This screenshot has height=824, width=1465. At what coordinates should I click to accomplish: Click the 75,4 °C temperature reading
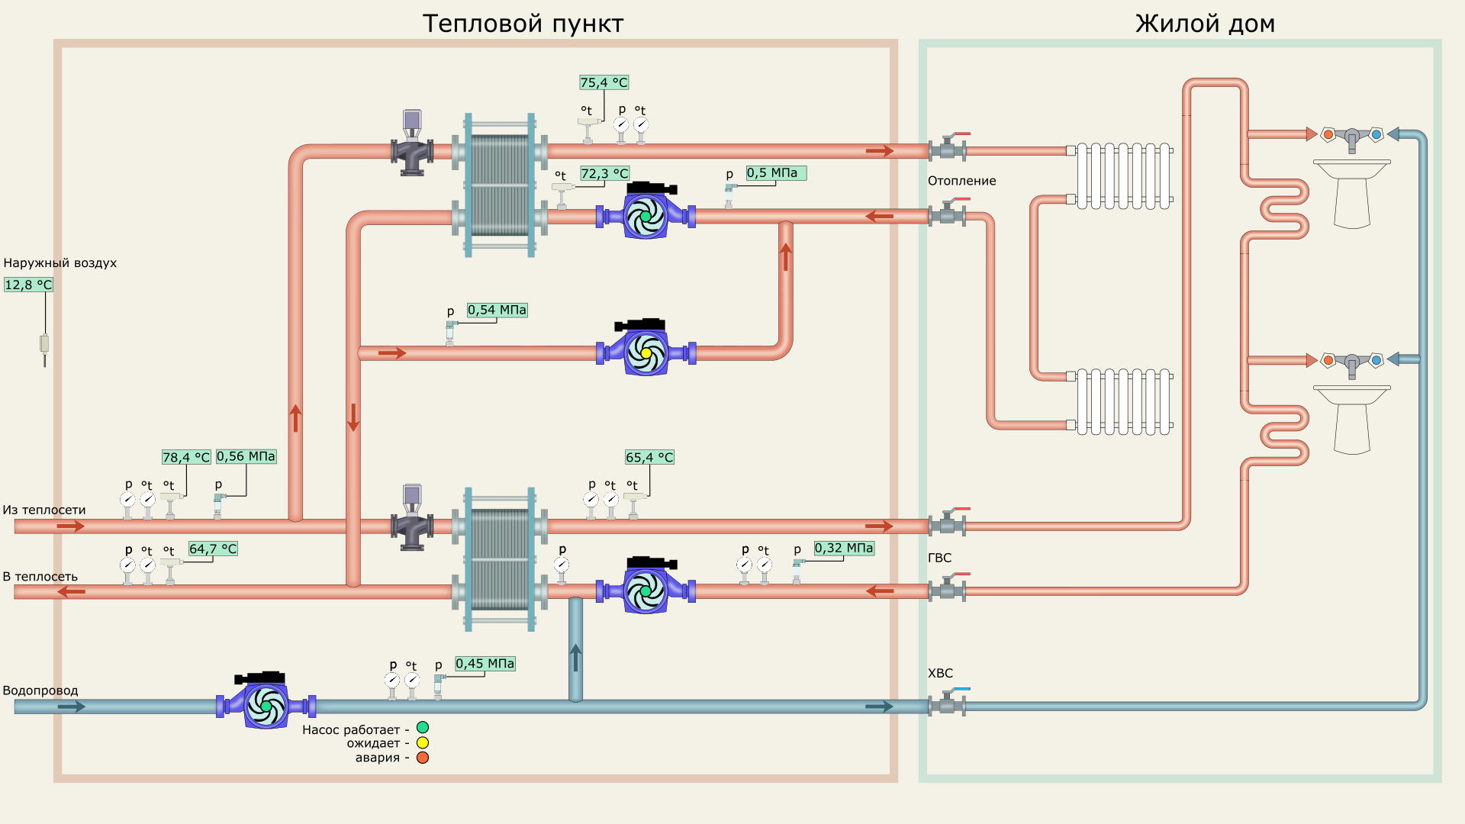[604, 82]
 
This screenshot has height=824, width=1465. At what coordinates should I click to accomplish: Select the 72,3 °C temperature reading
[604, 174]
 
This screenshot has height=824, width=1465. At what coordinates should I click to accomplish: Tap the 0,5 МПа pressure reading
[775, 173]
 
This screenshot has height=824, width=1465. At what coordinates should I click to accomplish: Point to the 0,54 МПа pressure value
[497, 311]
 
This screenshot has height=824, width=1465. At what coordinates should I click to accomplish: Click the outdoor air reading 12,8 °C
[28, 285]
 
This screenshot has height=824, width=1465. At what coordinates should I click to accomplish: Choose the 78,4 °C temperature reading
[185, 457]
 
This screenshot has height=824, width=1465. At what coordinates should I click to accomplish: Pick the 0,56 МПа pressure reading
[246, 456]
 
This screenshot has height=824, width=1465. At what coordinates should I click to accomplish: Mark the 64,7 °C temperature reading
[213, 549]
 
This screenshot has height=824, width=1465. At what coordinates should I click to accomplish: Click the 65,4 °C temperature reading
[649, 457]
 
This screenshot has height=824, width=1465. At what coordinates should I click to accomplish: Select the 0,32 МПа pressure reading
[843, 548]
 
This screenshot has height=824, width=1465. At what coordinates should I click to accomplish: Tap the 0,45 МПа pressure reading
[485, 664]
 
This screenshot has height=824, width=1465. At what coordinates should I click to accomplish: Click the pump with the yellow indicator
[646, 352]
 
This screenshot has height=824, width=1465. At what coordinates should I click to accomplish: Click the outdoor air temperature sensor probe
[44, 347]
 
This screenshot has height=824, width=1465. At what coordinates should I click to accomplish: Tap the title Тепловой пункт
[523, 24]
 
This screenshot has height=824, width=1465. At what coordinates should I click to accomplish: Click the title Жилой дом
[1205, 24]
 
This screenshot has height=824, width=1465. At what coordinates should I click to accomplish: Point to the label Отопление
[961, 181]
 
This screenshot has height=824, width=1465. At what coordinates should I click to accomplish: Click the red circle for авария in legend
[423, 758]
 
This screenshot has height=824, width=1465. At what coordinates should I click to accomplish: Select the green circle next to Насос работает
[423, 728]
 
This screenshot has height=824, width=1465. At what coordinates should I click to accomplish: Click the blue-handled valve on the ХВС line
[948, 702]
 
